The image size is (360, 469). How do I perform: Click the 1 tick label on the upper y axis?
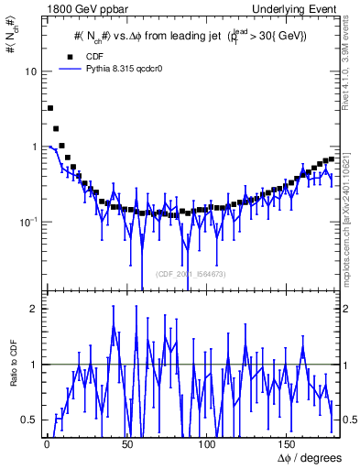34,147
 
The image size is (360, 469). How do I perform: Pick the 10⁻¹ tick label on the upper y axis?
29,222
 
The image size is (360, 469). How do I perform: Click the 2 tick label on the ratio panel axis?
34,309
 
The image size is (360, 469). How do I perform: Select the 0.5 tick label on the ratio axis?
30,420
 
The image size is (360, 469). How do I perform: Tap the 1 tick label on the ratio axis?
34,365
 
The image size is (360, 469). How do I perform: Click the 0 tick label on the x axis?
46,443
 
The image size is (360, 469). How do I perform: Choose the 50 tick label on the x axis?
126,443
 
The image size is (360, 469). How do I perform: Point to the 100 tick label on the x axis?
208,443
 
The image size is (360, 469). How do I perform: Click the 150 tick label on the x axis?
289,443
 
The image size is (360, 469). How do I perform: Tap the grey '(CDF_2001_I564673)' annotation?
191,274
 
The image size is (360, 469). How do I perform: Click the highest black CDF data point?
50,108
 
